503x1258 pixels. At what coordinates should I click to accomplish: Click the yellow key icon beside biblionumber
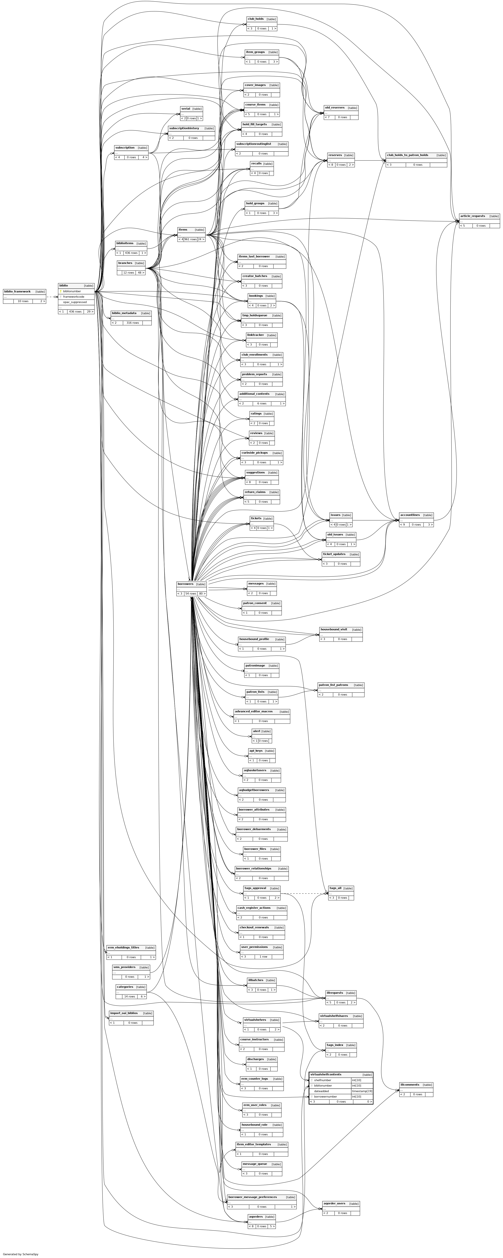[61, 291]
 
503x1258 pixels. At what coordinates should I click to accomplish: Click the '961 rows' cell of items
[190, 239]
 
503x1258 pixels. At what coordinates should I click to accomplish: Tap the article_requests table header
[472, 216]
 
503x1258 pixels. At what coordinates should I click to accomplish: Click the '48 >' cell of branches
[140, 272]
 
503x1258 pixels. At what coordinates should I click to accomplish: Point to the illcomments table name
[410, 1085]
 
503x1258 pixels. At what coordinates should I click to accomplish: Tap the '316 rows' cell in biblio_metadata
[132, 323]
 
